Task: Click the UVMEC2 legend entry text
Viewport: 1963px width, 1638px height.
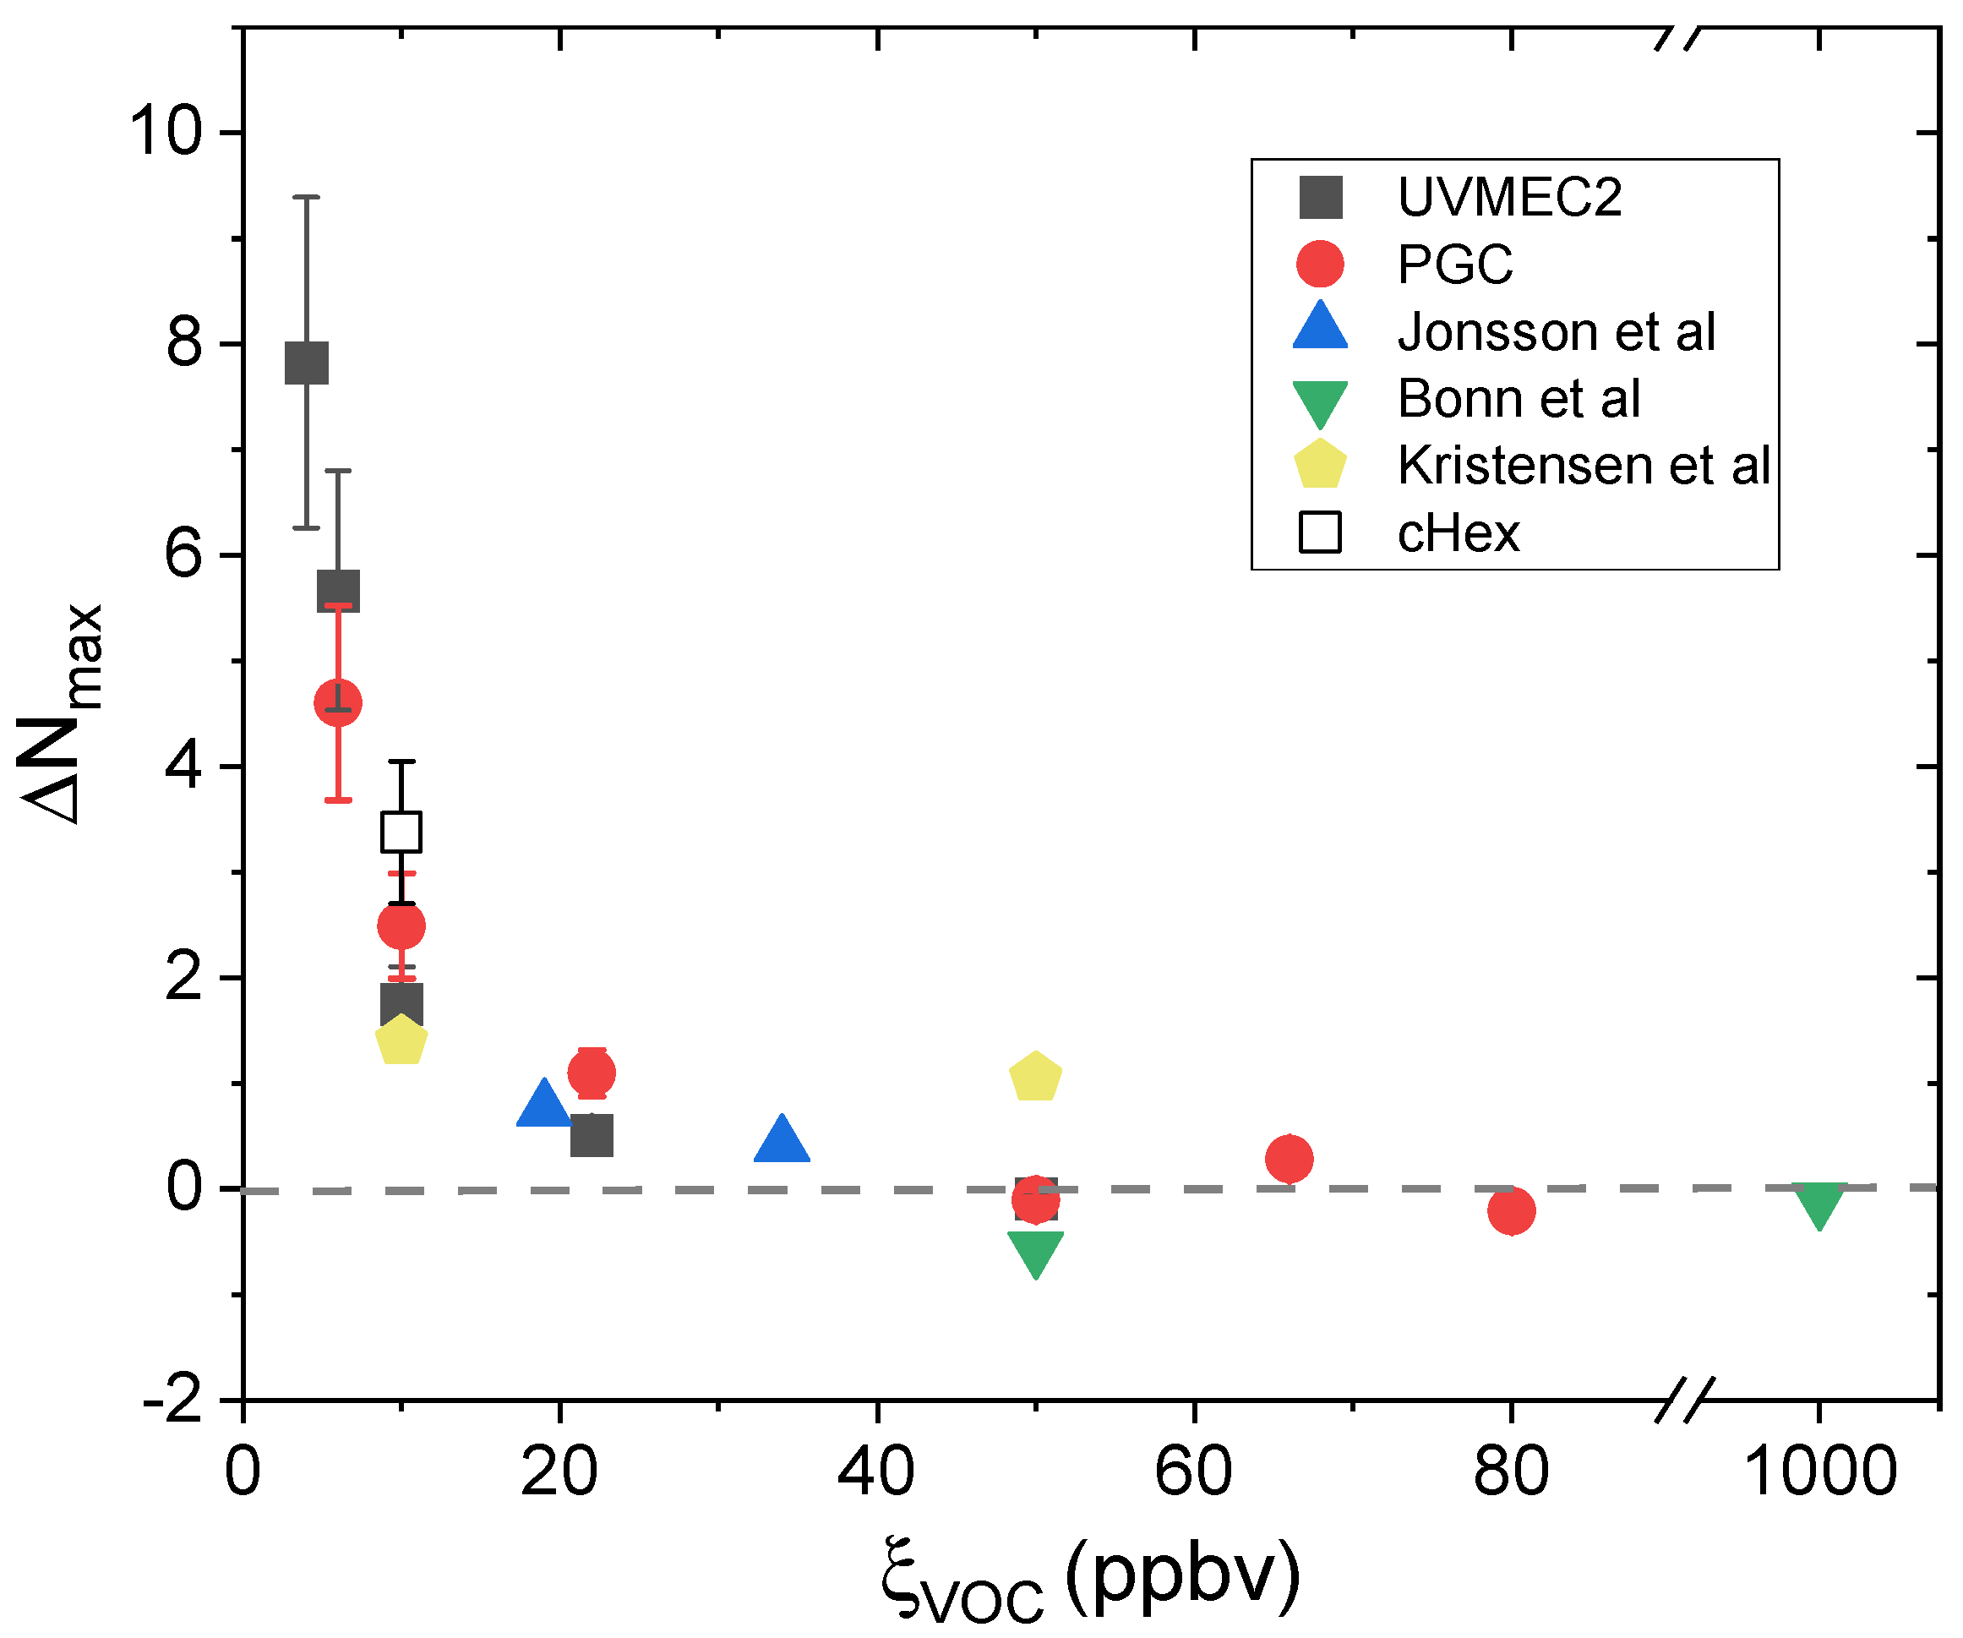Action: click(x=1508, y=197)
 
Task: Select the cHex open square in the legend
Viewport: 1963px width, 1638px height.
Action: click(x=1320, y=533)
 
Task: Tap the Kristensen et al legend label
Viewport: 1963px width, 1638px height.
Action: click(x=1583, y=465)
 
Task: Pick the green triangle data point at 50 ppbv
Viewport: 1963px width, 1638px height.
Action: click(x=1035, y=1251)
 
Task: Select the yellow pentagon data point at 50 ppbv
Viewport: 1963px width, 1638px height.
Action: click(x=1035, y=1077)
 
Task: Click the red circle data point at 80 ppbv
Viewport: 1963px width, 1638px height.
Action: click(x=1511, y=1210)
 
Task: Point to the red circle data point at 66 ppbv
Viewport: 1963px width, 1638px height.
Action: click(x=1289, y=1159)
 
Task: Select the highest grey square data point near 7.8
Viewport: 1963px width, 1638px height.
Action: click(x=307, y=363)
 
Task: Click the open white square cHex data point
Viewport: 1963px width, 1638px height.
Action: click(x=401, y=831)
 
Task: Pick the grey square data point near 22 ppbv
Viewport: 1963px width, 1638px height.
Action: click(x=592, y=1135)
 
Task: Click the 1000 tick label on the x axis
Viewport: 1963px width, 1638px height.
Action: click(x=1819, y=1471)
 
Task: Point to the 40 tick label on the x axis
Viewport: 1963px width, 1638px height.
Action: click(x=876, y=1471)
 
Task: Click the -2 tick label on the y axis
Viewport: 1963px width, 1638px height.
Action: click(x=174, y=1400)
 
